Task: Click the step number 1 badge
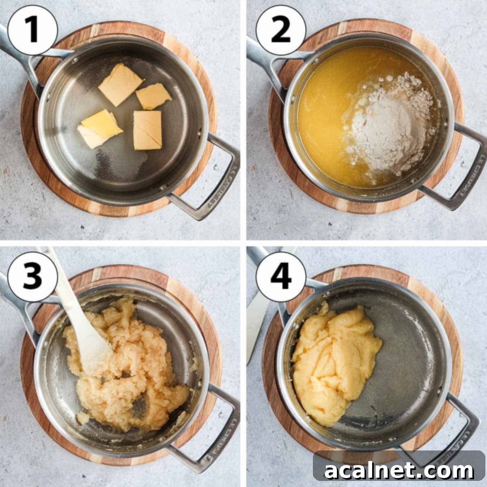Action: click(32, 30)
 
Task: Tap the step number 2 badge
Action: click(280, 30)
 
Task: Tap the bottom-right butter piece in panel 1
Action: click(147, 130)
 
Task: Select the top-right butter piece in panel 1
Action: click(153, 97)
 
